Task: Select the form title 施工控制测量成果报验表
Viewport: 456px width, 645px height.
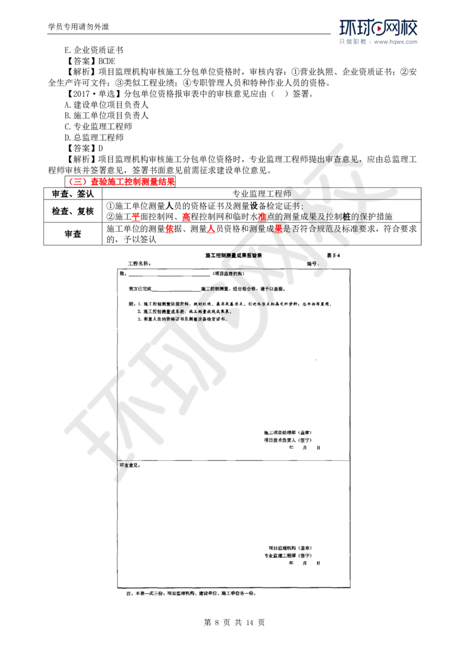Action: click(x=234, y=256)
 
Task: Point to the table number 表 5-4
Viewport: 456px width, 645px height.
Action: click(x=334, y=256)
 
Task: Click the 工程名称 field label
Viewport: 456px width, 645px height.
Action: click(x=139, y=264)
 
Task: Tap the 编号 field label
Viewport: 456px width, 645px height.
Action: click(x=311, y=264)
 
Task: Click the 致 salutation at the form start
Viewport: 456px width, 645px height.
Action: click(x=121, y=273)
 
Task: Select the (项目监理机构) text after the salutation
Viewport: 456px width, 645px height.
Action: click(x=231, y=273)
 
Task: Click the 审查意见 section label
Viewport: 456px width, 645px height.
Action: click(x=129, y=465)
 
